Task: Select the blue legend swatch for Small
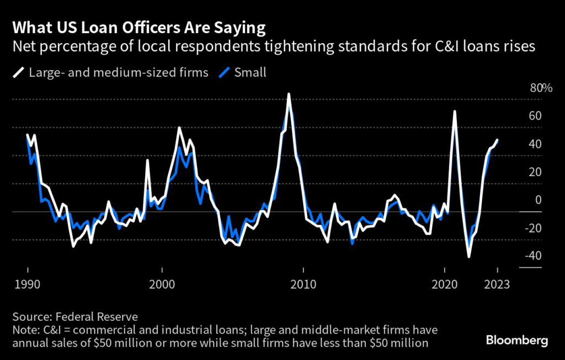pos(224,72)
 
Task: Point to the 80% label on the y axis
pos(541,88)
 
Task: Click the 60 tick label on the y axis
pos(535,116)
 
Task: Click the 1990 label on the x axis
pos(27,285)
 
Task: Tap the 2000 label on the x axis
pos(162,285)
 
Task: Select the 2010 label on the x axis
pos(303,285)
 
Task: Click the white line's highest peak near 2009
pos(289,94)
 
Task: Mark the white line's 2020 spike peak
pos(455,112)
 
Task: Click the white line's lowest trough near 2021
pos(469,256)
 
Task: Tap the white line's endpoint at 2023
pos(497,140)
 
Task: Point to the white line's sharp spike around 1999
pos(147,160)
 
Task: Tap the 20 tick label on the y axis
pos(535,172)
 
